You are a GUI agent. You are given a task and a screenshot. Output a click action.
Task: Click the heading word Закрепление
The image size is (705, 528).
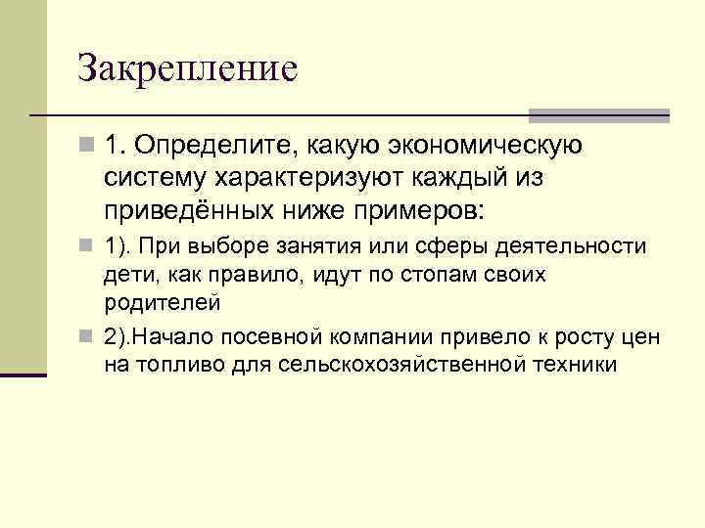[x=187, y=69]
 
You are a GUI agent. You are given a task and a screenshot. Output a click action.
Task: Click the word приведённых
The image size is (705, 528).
[x=187, y=212]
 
